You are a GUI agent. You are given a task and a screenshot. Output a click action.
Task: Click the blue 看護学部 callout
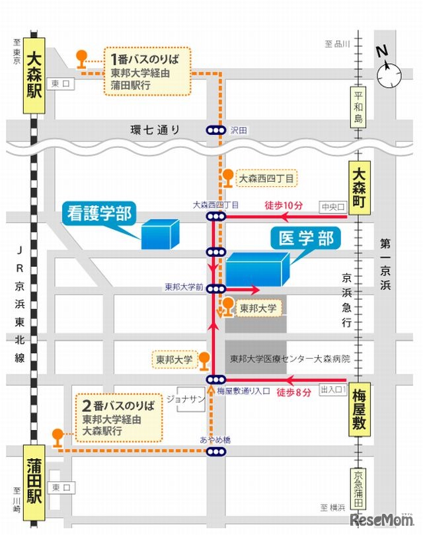point(98,213)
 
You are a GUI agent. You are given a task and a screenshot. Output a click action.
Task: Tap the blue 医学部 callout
point(307,238)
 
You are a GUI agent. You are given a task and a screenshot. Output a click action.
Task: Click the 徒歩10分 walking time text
point(283,205)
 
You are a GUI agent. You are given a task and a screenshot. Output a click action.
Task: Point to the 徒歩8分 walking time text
point(291,392)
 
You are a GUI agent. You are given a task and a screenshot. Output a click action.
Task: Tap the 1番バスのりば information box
point(146,71)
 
